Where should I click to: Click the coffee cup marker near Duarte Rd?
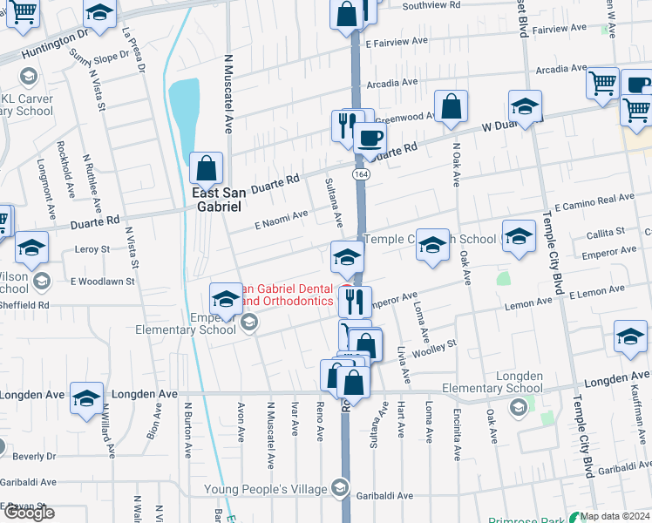(x=370, y=138)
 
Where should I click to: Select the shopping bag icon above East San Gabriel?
(x=207, y=166)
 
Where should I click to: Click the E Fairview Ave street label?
(x=397, y=41)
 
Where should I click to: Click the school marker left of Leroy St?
(x=31, y=249)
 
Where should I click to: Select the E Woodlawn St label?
(x=102, y=282)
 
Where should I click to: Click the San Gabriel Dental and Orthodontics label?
(x=288, y=295)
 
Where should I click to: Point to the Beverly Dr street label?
(x=35, y=456)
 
